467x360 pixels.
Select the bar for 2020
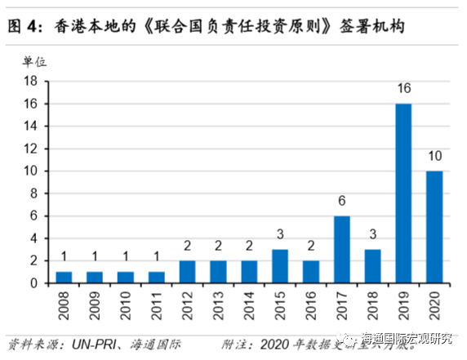click(434, 227)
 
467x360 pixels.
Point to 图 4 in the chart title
click(24, 27)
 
